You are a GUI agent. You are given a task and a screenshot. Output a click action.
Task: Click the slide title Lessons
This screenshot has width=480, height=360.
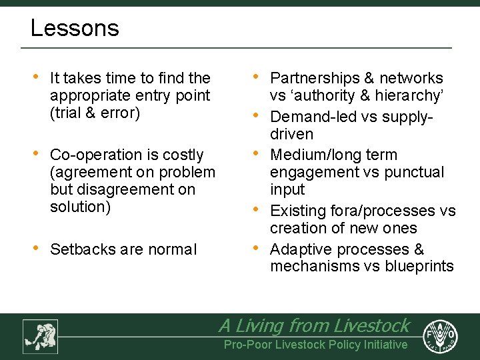click(x=75, y=28)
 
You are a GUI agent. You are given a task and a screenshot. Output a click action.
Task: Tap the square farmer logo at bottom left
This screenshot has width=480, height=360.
click(x=40, y=336)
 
